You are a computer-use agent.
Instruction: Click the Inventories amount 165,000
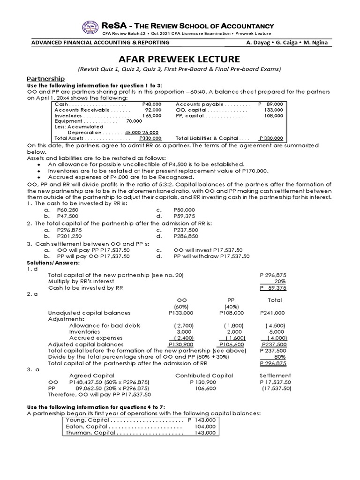152,115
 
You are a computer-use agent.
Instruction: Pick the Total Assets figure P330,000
150,138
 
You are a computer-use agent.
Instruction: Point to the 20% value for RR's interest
279,281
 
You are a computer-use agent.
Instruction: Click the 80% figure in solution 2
279,357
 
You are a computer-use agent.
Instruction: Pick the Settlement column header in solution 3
275,375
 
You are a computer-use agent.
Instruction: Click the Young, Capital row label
84,420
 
